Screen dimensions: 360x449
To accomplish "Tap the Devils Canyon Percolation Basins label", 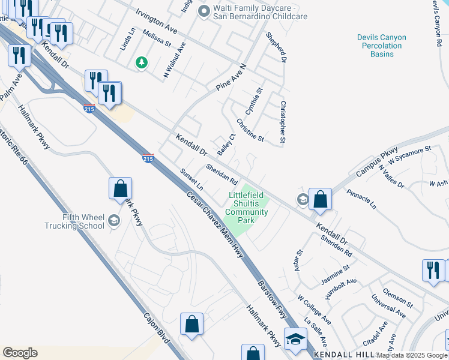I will pyautogui.click(x=382, y=46).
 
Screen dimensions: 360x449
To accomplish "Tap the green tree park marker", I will pyautogui.click(x=142, y=62).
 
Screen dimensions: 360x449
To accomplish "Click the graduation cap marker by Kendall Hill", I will pyautogui.click(x=295, y=339).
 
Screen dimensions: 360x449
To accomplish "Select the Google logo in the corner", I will pyautogui.click(x=20, y=353).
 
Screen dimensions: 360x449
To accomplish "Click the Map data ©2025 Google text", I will pyautogui.click(x=412, y=355).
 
